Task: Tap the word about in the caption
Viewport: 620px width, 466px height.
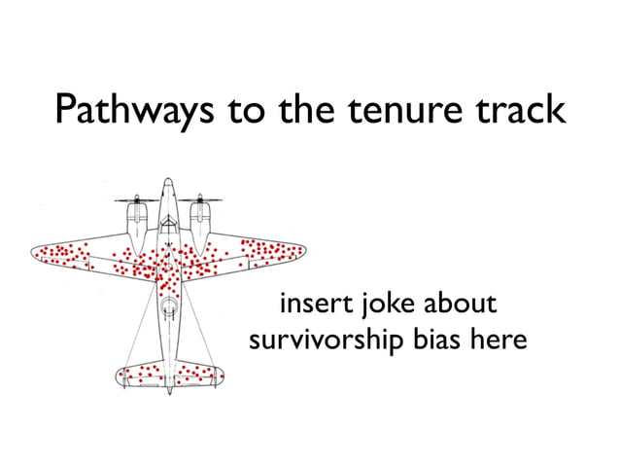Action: pos(460,305)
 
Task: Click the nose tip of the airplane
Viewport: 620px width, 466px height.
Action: pos(168,181)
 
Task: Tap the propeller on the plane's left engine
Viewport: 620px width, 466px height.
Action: pos(137,201)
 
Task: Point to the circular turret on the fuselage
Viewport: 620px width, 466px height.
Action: pos(169,309)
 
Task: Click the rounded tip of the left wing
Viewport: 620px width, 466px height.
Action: pos(35,254)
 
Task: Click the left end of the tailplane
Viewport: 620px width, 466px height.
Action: pos(118,375)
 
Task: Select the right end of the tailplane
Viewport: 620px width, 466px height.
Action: pos(223,374)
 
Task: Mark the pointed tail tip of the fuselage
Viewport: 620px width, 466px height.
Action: pos(169,392)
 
